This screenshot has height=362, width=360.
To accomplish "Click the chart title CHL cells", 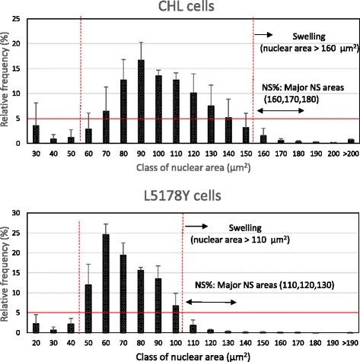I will pos(180,8).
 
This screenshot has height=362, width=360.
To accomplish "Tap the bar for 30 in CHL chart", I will pos(36,135).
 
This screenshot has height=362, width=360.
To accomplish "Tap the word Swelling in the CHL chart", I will pos(310,37).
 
